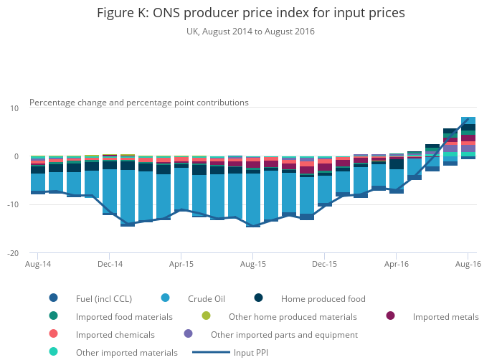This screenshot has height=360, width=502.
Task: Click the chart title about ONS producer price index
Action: point(250,13)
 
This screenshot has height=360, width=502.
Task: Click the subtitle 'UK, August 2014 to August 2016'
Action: point(250,32)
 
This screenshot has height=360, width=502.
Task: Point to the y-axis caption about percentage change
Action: point(139,103)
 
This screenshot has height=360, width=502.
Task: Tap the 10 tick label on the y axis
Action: point(14,108)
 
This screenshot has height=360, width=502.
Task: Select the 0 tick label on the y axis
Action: point(16,156)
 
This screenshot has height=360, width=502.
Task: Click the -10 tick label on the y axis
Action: point(12,205)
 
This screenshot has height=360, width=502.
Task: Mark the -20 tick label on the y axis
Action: point(12,254)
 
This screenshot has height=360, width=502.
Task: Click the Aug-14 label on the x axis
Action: point(38,265)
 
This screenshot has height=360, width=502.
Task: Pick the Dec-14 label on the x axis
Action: point(110,265)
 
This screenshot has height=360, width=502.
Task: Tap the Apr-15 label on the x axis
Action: point(181,265)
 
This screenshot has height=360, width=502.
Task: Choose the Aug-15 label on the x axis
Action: point(253,265)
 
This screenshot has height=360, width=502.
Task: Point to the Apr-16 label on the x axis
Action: point(397,265)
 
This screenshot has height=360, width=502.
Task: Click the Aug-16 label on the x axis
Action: point(468,265)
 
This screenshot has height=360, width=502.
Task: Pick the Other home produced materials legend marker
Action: point(207,316)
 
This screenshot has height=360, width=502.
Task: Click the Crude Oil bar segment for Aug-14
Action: point(38,182)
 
